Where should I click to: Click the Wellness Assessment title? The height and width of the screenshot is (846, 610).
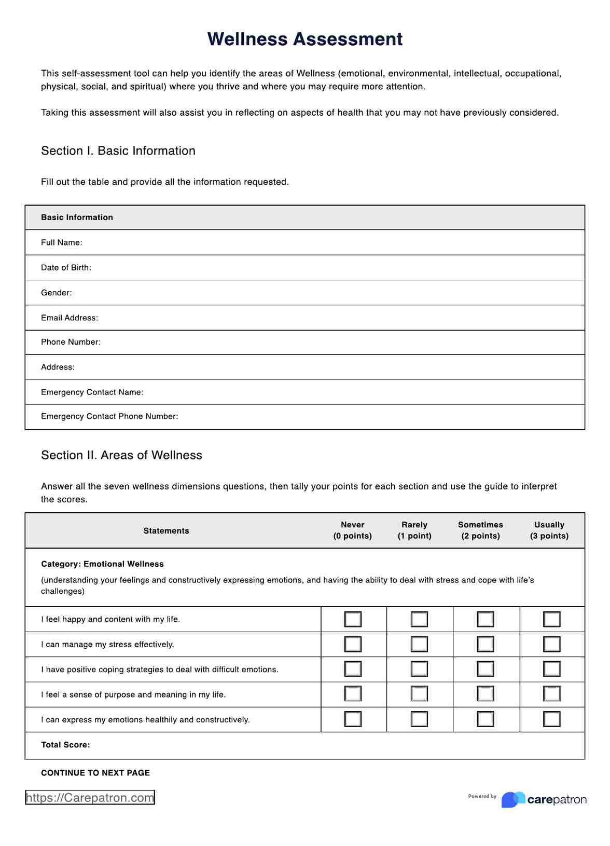(304, 39)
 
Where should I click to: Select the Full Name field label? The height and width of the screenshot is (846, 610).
(61, 242)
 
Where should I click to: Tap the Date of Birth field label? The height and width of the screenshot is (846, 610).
(66, 268)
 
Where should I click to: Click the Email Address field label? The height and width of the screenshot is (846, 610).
(70, 318)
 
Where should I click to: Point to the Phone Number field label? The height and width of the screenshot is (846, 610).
(71, 342)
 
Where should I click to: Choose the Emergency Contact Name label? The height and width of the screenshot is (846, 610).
(92, 392)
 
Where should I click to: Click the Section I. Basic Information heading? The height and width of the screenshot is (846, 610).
(118, 151)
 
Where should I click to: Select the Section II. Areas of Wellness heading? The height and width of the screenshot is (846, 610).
(121, 455)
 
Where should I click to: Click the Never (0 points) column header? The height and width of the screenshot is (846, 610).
(352, 530)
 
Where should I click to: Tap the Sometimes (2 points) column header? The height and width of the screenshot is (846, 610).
(480, 530)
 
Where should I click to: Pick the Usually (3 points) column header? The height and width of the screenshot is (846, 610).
(549, 530)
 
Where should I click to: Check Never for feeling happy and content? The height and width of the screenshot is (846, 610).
(353, 619)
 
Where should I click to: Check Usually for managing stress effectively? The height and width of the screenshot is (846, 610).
(551, 644)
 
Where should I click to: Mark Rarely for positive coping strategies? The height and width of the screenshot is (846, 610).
(419, 669)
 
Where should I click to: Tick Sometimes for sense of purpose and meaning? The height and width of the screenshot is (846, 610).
(486, 694)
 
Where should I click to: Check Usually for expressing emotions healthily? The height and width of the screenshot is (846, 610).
(551, 719)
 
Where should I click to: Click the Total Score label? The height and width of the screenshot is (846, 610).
(65, 745)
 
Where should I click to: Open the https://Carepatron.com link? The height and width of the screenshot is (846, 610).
(90, 798)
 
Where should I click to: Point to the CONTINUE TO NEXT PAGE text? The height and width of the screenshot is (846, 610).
(95, 773)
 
